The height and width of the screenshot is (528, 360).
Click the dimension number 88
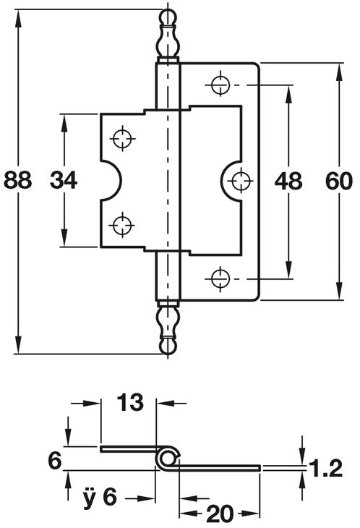click(x=18, y=180)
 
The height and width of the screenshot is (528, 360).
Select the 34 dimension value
click(x=64, y=180)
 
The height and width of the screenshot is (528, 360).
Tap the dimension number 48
click(x=288, y=181)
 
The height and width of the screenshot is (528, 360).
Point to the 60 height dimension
click(x=339, y=181)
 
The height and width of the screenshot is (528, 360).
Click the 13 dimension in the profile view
click(x=130, y=402)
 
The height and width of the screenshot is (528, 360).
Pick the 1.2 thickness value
click(x=325, y=468)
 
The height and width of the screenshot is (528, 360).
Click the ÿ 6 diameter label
click(x=100, y=497)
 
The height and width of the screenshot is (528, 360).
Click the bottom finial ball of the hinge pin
click(x=168, y=346)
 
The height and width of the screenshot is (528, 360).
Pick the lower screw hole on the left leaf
click(x=121, y=225)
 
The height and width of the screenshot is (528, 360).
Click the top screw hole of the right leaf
click(x=220, y=85)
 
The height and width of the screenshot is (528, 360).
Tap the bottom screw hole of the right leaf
click(x=220, y=278)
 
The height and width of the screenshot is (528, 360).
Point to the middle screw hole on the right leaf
click(x=241, y=181)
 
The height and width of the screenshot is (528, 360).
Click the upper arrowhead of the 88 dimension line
click(x=18, y=20)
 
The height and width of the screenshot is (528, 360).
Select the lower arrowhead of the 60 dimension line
click(x=340, y=290)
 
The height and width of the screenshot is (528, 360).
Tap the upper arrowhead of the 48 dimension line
click(x=288, y=95)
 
